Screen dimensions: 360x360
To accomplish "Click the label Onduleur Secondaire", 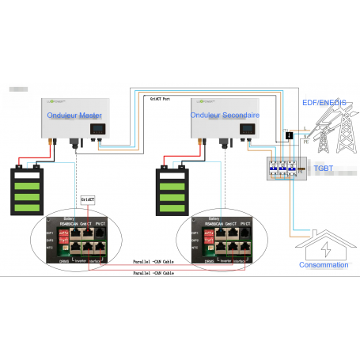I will coord(225,116).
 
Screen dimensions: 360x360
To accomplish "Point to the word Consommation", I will coord(324,265).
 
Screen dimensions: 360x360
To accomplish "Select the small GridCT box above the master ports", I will coord(89,200).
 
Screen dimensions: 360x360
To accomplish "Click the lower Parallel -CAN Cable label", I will coord(154,271).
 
